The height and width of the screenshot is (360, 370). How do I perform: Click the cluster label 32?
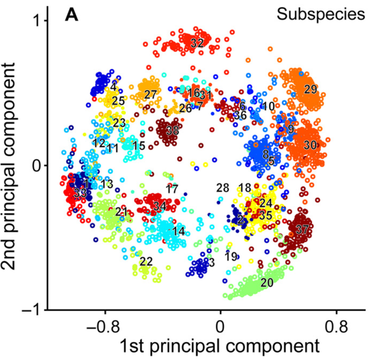[x=197, y=43]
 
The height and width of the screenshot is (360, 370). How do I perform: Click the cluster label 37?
[x=302, y=229]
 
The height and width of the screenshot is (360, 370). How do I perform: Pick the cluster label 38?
[x=172, y=131]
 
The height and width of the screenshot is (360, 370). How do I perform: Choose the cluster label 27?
[x=150, y=94]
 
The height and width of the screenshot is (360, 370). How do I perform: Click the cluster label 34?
[x=159, y=205]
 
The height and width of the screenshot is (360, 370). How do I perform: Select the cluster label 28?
[x=223, y=187]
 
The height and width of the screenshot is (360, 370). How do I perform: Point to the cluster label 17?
[x=172, y=189]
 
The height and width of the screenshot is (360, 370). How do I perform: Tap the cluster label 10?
[x=268, y=106]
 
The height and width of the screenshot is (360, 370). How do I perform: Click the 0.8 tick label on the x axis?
[x=336, y=328]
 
